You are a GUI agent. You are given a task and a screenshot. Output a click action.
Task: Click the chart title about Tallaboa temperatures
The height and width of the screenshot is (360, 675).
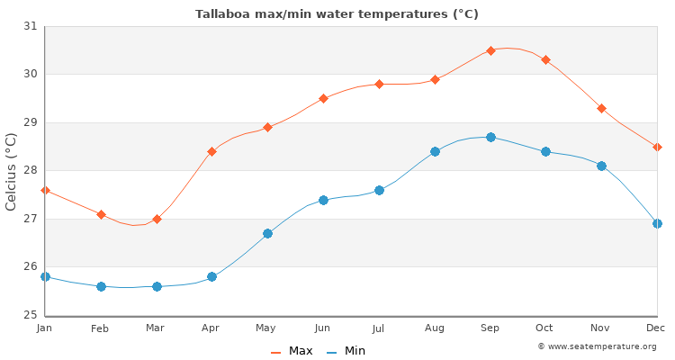click(x=337, y=14)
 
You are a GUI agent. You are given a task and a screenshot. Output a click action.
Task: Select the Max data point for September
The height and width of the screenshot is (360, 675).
click(x=490, y=50)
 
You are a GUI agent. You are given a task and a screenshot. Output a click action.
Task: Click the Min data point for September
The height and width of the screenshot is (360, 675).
click(x=490, y=137)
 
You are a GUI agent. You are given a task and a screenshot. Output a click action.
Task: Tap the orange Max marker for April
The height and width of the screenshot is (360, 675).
click(x=211, y=151)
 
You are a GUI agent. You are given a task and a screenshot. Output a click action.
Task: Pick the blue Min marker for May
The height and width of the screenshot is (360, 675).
click(x=267, y=233)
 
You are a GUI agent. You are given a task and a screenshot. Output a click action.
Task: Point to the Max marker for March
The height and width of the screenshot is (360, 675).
click(x=157, y=219)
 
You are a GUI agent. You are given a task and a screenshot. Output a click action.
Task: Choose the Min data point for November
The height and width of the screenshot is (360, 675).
click(x=601, y=166)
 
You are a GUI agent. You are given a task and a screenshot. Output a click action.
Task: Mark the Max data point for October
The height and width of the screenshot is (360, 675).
click(x=545, y=60)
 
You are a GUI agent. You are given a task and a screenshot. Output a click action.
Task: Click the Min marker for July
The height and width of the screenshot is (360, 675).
click(x=379, y=190)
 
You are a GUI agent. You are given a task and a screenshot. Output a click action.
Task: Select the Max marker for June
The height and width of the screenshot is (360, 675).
click(x=323, y=98)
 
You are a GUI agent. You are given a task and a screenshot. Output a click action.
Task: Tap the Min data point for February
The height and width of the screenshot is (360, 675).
click(x=101, y=286)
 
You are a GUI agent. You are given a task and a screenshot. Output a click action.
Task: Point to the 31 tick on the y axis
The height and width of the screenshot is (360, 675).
click(x=30, y=26)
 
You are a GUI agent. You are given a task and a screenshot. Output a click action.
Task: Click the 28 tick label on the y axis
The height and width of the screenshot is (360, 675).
click(x=30, y=170)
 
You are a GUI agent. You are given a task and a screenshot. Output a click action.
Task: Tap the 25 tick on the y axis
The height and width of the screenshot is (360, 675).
click(x=30, y=315)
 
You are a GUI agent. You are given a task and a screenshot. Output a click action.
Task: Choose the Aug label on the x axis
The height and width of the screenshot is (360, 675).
click(x=435, y=328)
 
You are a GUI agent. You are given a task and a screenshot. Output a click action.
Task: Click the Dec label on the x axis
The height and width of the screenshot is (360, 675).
click(x=657, y=328)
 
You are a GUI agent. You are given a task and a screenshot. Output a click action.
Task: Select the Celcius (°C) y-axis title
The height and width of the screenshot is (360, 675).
click(x=12, y=171)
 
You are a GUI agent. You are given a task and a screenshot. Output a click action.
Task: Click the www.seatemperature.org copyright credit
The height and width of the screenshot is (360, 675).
click(x=597, y=346)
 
